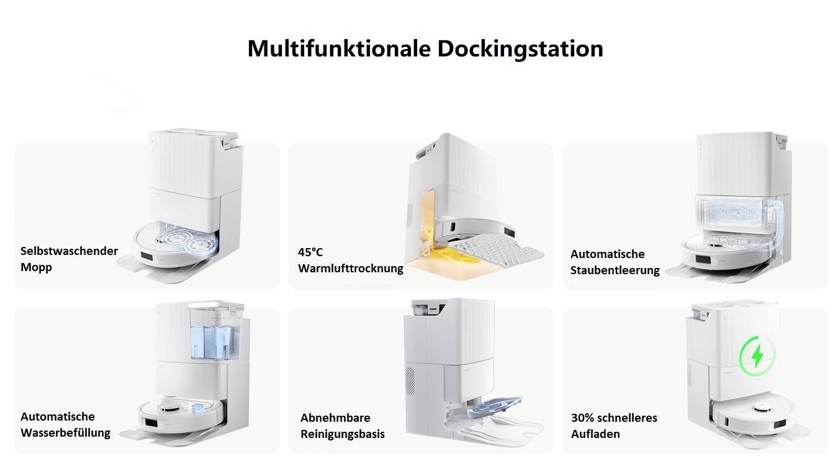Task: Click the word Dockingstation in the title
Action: (520, 48)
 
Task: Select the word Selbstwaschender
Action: (69, 251)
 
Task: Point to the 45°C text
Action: (310, 252)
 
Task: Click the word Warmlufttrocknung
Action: (351, 269)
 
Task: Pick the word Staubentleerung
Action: (615, 270)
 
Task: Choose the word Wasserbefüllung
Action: (65, 433)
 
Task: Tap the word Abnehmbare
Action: (335, 417)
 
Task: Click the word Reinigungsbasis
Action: (343, 434)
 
